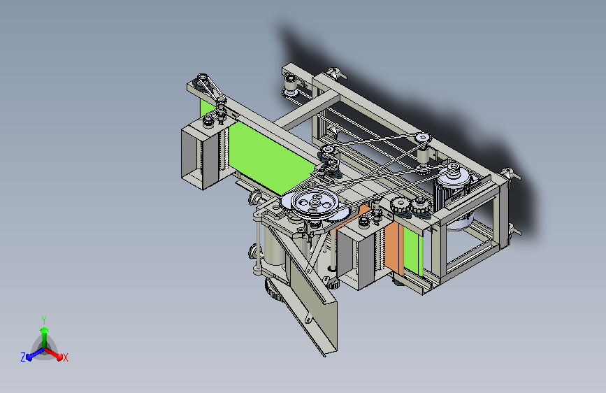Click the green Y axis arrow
click(x=45, y=336)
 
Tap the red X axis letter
click(x=66, y=357)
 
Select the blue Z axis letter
click(x=23, y=357)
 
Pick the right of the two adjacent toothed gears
click(x=420, y=205)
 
